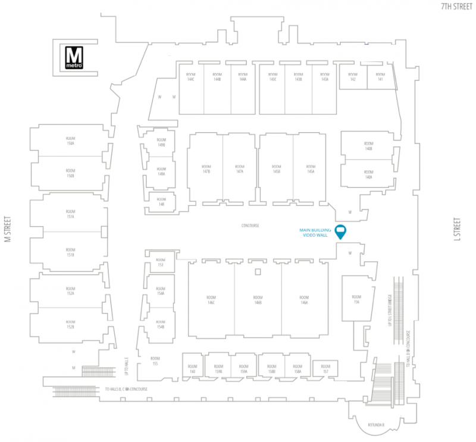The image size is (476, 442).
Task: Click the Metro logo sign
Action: tap(75, 58)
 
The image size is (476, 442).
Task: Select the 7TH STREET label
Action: tap(456, 7)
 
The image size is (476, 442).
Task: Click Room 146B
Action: tap(258, 300)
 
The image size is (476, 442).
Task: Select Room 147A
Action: tap(240, 169)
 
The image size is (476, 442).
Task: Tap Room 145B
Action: tap(276, 169)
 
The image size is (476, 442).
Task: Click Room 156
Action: tap(356, 300)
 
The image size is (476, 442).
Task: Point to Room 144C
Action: tap(191, 77)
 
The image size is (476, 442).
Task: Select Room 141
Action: tap(380, 77)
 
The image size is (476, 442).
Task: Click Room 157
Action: tap(325, 369)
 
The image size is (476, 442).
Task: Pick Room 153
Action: tap(160, 262)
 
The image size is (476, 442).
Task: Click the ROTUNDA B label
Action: tap(377, 425)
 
